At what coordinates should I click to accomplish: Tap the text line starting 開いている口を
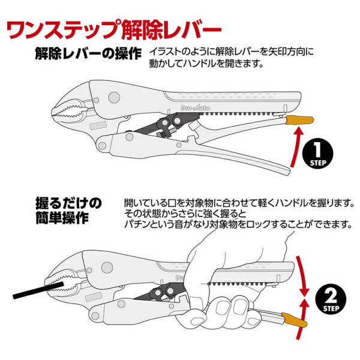pos(238,202)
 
